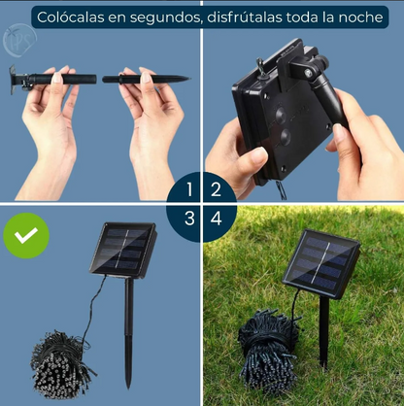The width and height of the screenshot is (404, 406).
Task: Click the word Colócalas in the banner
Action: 68,17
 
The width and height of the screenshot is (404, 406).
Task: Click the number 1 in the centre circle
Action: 189,189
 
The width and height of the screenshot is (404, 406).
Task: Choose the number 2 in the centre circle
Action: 216,189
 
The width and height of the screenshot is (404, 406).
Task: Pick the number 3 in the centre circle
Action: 189,218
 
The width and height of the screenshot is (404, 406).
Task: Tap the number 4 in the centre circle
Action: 216,218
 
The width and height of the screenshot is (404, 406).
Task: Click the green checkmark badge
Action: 25,236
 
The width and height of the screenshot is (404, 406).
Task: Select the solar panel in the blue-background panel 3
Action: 123,250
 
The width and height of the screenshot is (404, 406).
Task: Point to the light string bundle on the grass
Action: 269,350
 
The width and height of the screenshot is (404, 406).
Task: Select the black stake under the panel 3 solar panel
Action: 127,330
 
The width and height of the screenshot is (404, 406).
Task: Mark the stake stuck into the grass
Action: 324,330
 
